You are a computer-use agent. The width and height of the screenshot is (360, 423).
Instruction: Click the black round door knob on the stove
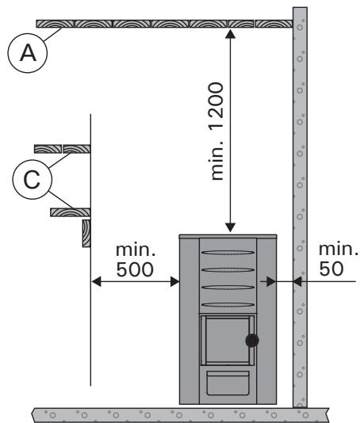point(252,341)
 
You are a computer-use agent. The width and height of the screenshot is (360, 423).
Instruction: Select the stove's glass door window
point(226,340)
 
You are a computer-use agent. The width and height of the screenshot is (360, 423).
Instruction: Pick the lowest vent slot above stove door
point(228,305)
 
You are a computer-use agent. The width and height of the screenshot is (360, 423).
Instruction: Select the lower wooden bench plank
point(71,212)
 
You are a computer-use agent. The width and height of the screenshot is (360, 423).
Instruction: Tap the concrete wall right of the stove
point(300,158)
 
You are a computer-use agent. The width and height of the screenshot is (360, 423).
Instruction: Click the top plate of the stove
point(228,237)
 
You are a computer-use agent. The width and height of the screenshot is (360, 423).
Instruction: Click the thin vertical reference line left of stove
point(91,333)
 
